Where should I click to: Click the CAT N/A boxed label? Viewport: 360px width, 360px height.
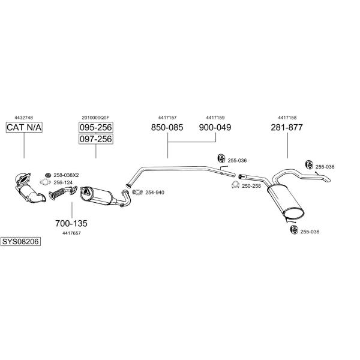pos(24,127)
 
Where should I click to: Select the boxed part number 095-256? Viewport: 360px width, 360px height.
pos(96,127)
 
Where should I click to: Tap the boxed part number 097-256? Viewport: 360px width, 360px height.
pos(96,139)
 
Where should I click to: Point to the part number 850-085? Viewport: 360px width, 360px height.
pos(167,127)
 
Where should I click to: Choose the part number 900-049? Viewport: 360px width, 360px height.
pos(215,127)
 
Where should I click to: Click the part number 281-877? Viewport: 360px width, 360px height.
pos(287,127)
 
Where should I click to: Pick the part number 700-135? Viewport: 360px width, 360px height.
pos(71,223)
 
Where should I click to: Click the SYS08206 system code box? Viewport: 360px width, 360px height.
pos(20,242)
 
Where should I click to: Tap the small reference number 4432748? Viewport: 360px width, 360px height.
pos(23,118)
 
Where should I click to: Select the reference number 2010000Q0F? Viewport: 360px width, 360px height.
pos(95,118)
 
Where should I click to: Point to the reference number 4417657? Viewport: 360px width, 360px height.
pos(71,233)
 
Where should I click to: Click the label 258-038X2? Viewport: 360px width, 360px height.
pos(66,175)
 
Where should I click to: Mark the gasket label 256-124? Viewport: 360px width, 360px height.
pos(63,182)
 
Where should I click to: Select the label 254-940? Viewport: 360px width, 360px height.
pos(155,193)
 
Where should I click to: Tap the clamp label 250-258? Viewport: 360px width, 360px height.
pos(251,186)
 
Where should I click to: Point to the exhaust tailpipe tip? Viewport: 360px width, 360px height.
pos(328,179)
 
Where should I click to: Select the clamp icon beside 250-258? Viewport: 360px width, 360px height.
pos(235,185)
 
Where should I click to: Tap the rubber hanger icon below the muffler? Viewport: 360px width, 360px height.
pos(294,230)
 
